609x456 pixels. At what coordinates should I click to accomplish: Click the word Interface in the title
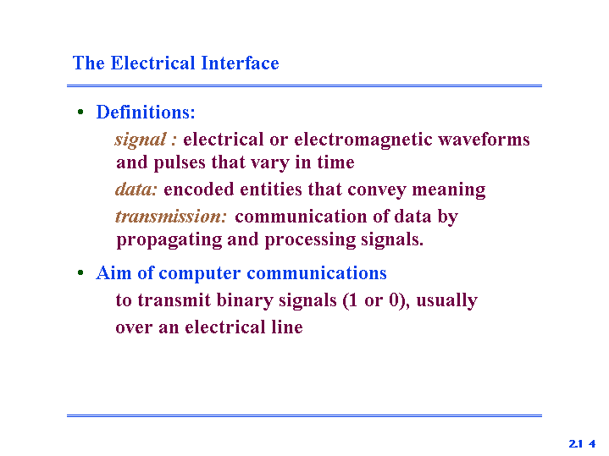tap(240, 63)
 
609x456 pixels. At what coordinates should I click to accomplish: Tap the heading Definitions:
tap(146, 113)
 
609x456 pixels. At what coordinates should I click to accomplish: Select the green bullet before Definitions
tap(80, 113)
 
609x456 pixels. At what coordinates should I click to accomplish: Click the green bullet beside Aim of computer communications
tap(80, 272)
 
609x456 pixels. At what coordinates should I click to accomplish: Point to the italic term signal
tap(141, 140)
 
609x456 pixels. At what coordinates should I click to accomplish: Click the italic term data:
tap(136, 190)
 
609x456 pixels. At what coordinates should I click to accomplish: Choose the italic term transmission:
tap(171, 217)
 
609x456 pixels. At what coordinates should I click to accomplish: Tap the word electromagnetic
tap(363, 140)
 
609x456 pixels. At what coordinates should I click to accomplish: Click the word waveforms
tap(484, 139)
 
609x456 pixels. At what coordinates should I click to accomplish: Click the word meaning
tap(449, 190)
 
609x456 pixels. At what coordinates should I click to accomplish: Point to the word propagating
tap(169, 240)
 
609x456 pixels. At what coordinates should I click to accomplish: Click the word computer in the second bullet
tap(200, 273)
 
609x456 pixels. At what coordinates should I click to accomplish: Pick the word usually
tap(447, 301)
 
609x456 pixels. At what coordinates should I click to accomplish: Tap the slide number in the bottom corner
tap(582, 443)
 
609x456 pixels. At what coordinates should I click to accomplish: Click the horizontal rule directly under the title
tap(305, 85)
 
